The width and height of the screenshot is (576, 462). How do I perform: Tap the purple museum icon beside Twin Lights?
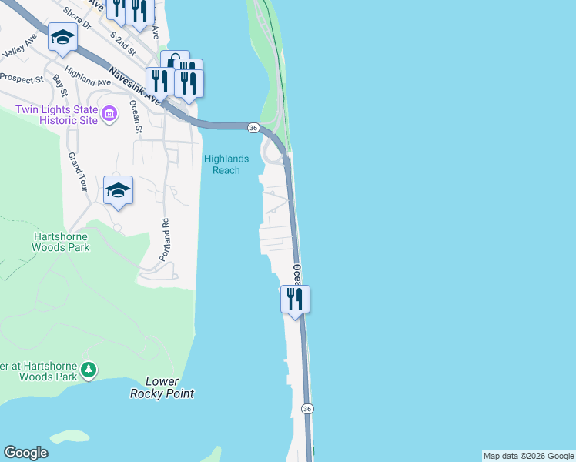[x=109, y=115]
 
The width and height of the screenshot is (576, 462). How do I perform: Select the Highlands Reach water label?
[x=226, y=164]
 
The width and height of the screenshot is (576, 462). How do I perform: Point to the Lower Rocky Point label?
[x=162, y=387]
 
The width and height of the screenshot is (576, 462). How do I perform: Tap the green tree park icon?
[x=89, y=371]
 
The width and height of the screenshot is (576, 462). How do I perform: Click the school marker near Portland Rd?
[x=118, y=190]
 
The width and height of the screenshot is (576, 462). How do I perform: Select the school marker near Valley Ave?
[x=62, y=37]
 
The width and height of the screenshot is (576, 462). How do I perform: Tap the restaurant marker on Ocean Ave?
[x=295, y=299]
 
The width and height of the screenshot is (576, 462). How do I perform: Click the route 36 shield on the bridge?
[x=253, y=126]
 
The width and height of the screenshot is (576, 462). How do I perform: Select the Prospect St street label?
[x=22, y=79]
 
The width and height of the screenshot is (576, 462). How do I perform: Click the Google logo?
[x=26, y=453]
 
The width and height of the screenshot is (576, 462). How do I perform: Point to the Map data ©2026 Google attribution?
[x=528, y=456]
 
